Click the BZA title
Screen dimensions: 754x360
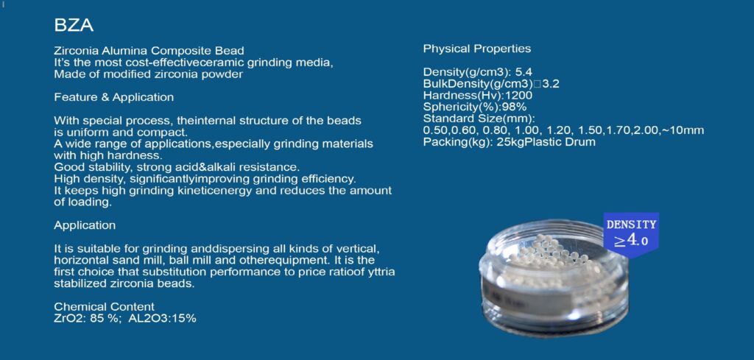(74, 26)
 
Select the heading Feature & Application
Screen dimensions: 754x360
(113, 97)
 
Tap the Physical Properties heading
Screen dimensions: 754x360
(477, 49)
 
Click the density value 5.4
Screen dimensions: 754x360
(524, 73)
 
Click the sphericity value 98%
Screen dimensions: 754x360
(515, 107)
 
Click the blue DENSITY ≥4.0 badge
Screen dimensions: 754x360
(631, 234)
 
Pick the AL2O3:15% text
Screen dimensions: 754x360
(162, 318)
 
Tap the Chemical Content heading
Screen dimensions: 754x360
(105, 307)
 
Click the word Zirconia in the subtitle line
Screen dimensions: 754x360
(76, 51)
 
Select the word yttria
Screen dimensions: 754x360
(381, 272)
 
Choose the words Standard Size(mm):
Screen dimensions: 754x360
(479, 119)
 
